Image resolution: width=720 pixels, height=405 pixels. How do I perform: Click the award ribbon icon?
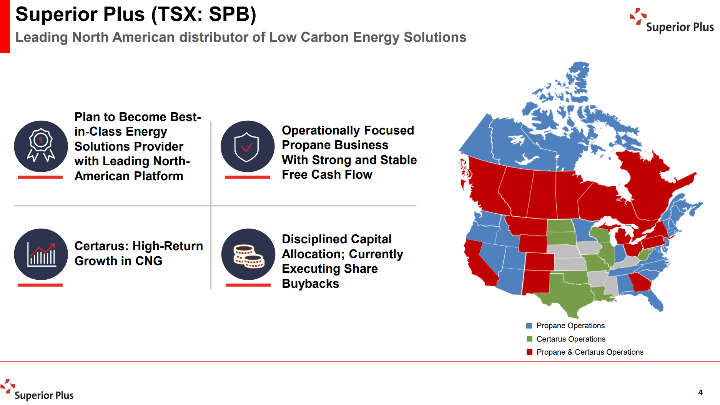(x=41, y=146)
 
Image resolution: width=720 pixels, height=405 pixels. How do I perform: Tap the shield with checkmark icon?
(x=247, y=146)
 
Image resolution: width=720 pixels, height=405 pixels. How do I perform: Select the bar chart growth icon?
(x=41, y=254)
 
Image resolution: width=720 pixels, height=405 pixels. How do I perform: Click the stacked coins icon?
(x=248, y=255)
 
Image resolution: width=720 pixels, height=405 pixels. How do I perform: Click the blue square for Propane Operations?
(x=529, y=326)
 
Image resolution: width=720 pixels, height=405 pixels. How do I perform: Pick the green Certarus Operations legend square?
(x=529, y=339)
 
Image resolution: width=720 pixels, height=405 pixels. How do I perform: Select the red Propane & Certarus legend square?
(x=529, y=352)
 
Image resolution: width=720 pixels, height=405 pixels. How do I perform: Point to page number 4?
(x=700, y=393)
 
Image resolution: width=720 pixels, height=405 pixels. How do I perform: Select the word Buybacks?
(x=310, y=284)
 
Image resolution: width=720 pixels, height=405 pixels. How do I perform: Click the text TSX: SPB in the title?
(x=203, y=15)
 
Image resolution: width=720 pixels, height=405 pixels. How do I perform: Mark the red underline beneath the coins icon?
(x=248, y=285)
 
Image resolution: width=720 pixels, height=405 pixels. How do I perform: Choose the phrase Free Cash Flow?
(x=327, y=175)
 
